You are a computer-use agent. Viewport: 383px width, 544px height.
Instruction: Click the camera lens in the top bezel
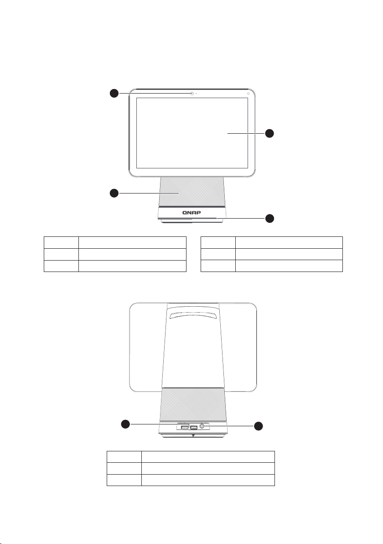click(191, 93)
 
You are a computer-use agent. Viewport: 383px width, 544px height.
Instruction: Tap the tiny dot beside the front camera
click(196, 93)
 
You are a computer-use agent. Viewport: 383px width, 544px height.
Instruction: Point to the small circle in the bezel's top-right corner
click(248, 93)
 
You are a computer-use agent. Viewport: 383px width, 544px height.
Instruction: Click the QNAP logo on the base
click(191, 213)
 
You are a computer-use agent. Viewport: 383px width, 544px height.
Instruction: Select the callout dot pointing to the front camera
click(114, 93)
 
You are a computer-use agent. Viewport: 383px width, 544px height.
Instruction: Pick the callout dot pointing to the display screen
click(269, 133)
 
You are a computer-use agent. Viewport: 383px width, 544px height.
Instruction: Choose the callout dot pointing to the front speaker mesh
click(114, 193)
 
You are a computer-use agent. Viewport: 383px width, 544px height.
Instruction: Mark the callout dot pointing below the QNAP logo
click(269, 218)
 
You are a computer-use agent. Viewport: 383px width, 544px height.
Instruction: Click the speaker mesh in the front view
click(191, 192)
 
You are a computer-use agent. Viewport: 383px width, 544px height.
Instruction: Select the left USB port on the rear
click(185, 427)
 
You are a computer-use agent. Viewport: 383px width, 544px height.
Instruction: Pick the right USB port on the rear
click(194, 427)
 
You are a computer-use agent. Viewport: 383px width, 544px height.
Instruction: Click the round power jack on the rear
click(202, 426)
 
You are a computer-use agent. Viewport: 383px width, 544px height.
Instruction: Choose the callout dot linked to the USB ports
click(125, 424)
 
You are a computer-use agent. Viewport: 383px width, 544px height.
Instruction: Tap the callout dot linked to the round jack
click(258, 426)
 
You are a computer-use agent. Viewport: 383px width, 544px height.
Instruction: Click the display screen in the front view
click(192, 133)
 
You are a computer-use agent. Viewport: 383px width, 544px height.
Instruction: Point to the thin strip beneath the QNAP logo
click(191, 219)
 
